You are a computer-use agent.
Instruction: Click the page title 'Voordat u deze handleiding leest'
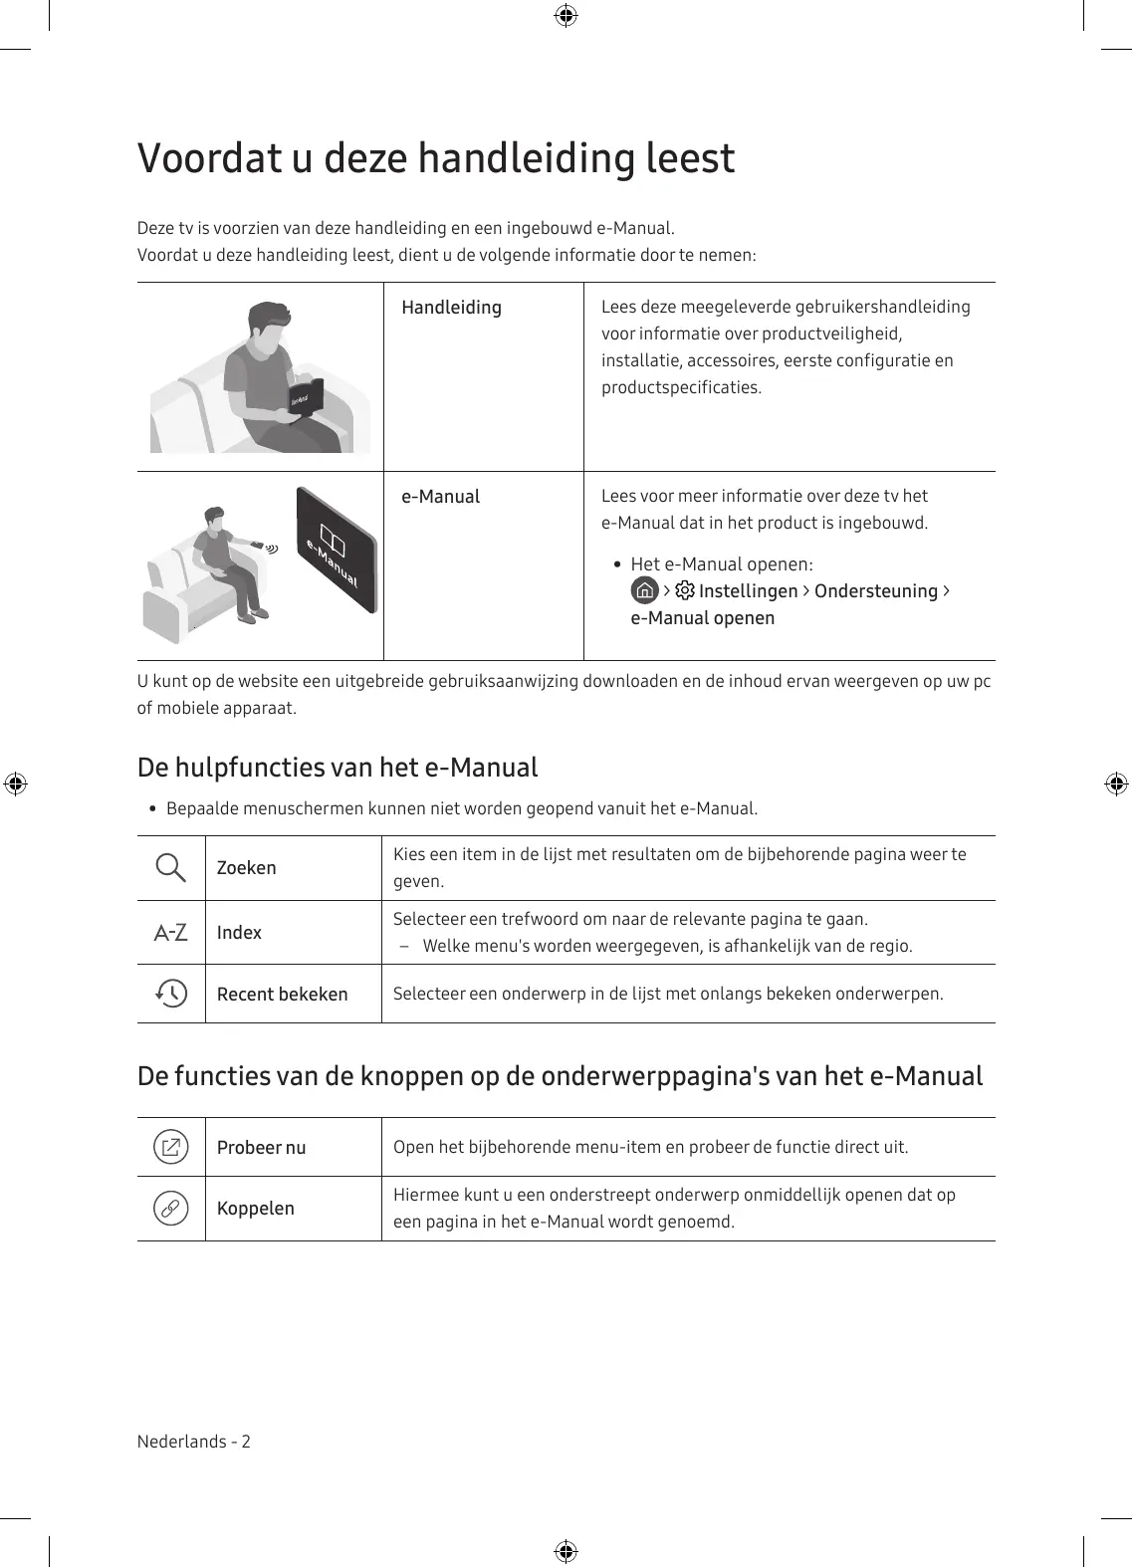(435, 158)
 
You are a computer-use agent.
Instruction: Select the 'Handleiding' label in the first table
(451, 308)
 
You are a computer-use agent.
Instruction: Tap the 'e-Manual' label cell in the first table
(440, 497)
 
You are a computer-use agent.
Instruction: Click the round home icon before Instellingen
(645, 590)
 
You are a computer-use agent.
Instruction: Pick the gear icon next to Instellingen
(685, 590)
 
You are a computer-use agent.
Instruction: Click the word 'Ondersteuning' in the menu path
(875, 591)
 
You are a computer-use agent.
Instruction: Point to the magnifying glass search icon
(171, 868)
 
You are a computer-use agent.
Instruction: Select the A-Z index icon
(171, 933)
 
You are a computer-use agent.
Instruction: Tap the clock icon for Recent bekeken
(171, 994)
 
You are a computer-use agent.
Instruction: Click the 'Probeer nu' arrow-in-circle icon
(171, 1147)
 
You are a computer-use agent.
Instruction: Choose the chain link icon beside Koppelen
(171, 1209)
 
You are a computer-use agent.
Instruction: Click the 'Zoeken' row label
(247, 868)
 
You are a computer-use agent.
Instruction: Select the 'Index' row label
(239, 933)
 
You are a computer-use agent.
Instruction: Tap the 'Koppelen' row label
(256, 1209)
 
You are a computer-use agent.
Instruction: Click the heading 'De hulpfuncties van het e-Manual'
(338, 768)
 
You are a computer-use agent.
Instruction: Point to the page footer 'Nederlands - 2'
(194, 1442)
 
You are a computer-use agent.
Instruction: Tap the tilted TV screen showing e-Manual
(337, 550)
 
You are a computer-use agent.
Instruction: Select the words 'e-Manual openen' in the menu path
(702, 618)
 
